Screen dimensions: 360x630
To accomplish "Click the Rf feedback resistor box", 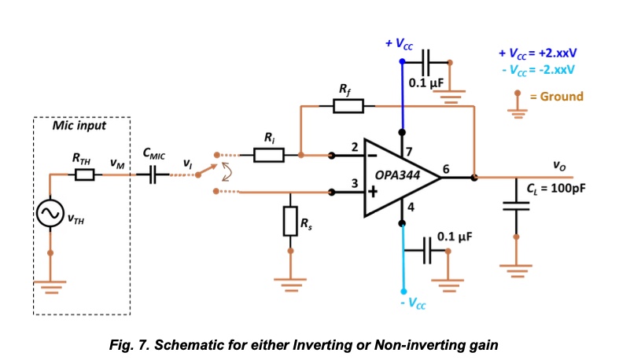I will tap(348, 106).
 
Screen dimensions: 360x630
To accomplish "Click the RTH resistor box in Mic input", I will tap(84, 175).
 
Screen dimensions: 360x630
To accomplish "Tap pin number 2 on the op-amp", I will tap(355, 147).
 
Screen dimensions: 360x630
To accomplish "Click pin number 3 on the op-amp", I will tap(355, 184).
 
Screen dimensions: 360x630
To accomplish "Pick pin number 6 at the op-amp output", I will tap(447, 169).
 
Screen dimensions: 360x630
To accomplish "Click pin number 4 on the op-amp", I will tap(410, 208).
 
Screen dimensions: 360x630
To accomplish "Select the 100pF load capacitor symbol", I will tap(517, 206).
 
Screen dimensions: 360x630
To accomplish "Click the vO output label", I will tap(559, 166).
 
